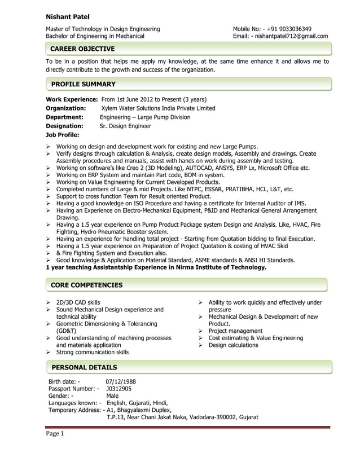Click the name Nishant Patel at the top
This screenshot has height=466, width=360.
(x=67, y=17)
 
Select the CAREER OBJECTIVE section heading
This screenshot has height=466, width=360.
(x=82, y=49)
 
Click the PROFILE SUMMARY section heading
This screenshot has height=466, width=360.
(x=83, y=84)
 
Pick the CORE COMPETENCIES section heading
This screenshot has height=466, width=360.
(x=86, y=285)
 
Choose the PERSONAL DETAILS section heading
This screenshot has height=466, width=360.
(x=84, y=367)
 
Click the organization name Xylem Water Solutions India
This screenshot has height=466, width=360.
(x=158, y=108)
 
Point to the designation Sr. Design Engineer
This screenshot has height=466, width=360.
(x=125, y=126)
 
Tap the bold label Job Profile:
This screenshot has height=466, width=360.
(x=62, y=135)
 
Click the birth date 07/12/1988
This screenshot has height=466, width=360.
(x=121, y=381)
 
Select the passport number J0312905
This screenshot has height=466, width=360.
(x=118, y=388)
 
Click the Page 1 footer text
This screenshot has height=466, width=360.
(x=55, y=433)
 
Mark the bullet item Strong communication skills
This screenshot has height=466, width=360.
(x=92, y=352)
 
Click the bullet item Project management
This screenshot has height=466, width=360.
(x=235, y=331)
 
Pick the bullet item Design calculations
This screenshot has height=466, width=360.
(x=233, y=345)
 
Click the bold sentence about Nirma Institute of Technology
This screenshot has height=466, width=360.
(x=156, y=267)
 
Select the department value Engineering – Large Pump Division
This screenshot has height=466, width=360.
(x=145, y=117)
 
